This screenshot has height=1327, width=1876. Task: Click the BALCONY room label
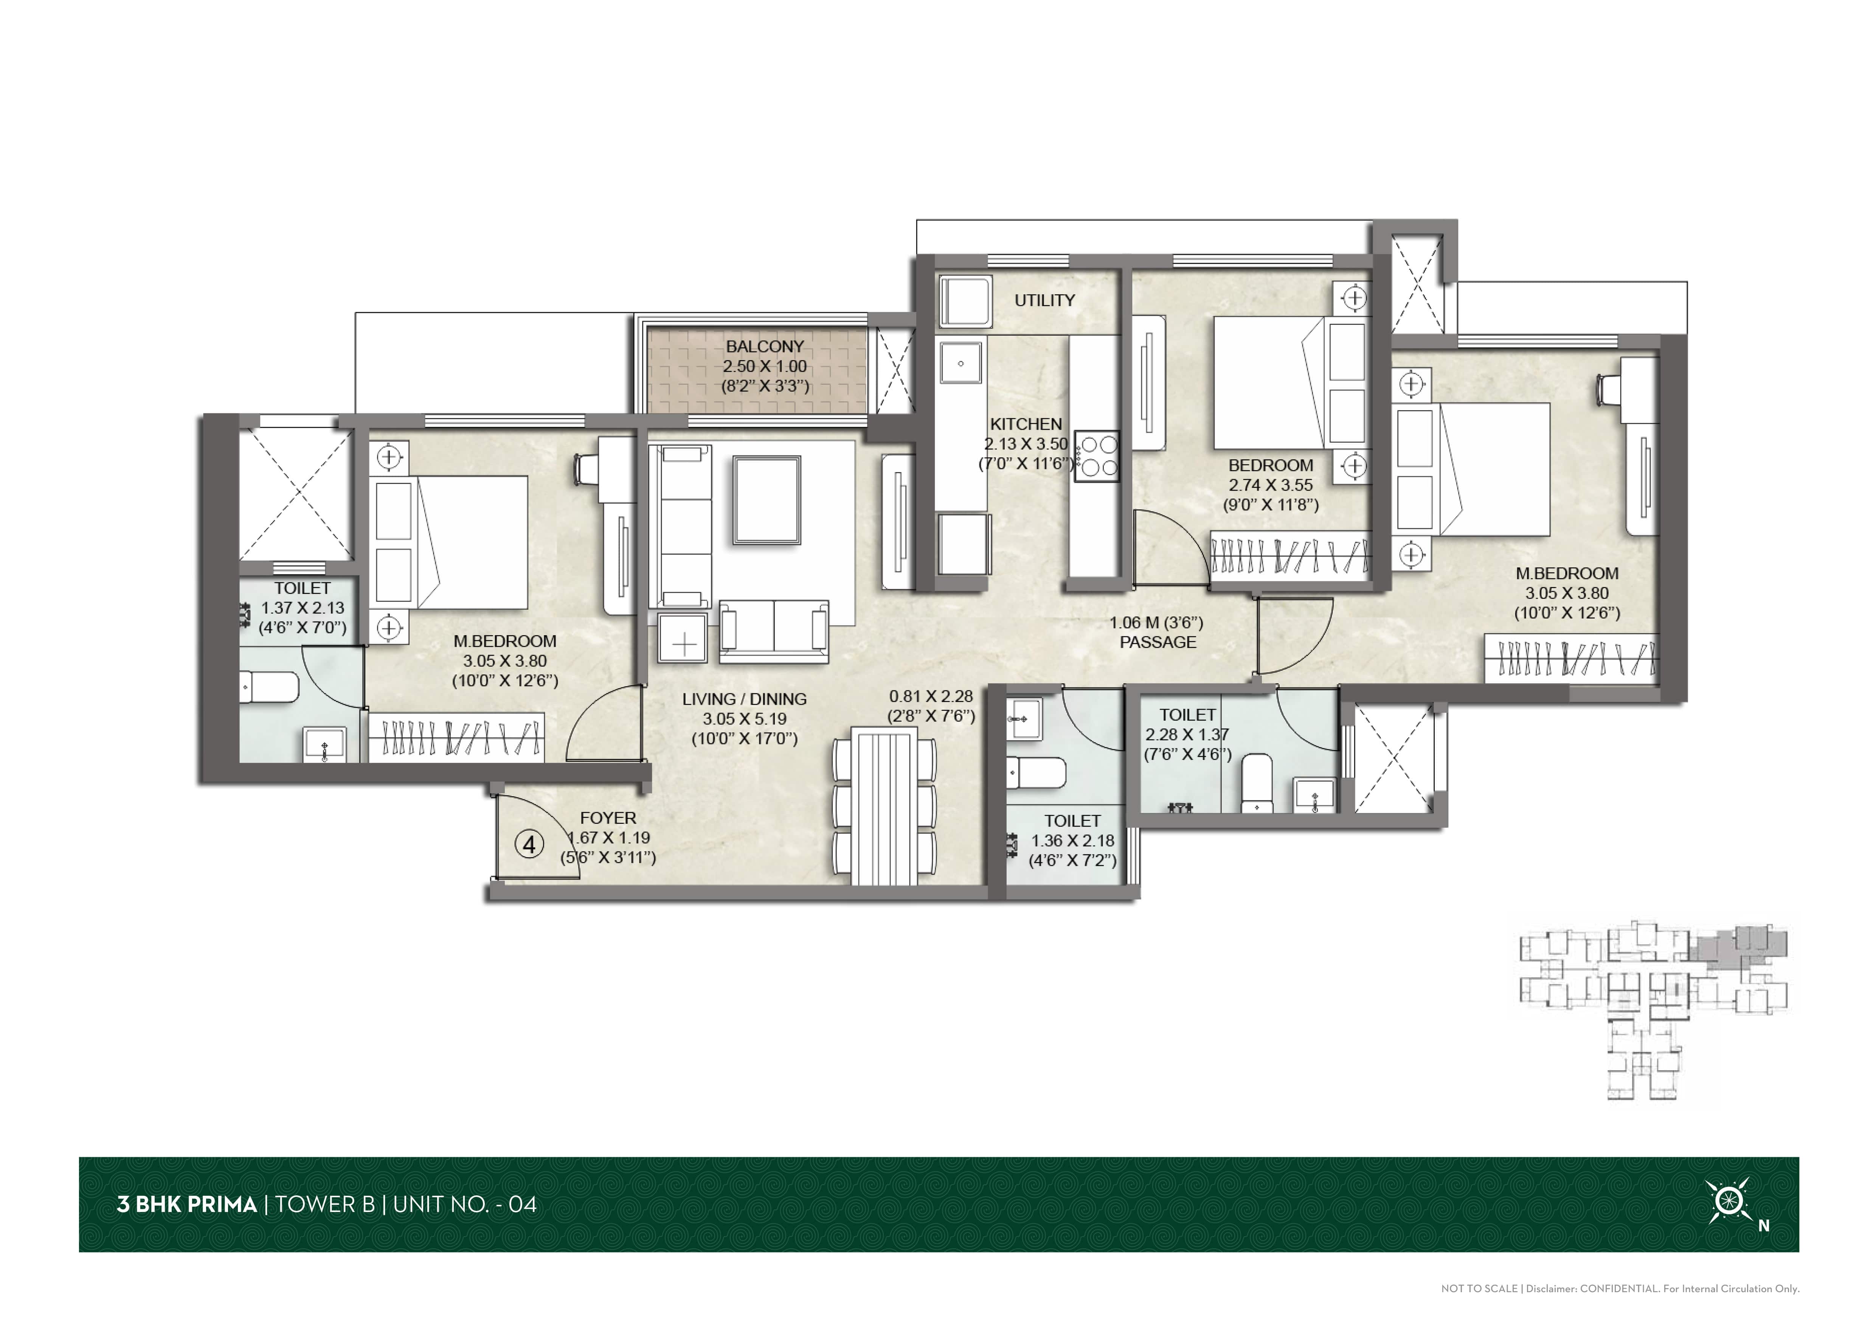coord(765,347)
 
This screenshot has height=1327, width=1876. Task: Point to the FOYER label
coord(608,818)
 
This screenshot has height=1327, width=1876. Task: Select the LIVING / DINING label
coord(744,699)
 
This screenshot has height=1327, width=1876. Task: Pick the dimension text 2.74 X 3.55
coord(1271,485)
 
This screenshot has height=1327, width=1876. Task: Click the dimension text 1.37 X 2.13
coord(302,608)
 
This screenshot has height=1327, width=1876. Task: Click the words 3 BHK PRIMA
coord(187,1204)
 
